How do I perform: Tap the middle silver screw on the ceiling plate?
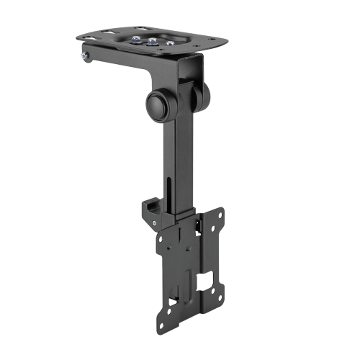tap(150, 41)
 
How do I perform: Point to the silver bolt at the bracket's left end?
tap(86, 55)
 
